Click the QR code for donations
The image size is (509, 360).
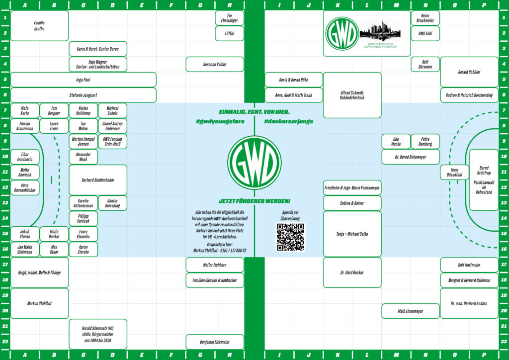(290, 237)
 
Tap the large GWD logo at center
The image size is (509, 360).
(254, 162)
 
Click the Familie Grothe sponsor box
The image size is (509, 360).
(39, 26)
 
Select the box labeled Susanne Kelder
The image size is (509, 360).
(215, 64)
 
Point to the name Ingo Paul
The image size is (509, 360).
(83, 80)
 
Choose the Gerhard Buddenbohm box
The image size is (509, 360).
(97, 180)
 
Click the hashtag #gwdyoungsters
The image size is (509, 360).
(220, 121)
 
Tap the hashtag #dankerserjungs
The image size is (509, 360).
(289, 121)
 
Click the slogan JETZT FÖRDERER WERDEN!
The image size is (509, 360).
(254, 201)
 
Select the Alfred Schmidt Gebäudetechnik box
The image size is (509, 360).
(352, 95)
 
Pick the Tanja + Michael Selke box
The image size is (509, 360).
(352, 234)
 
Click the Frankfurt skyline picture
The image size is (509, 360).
(379, 31)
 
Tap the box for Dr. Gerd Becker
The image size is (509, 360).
(352, 272)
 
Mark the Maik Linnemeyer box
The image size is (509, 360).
(411, 311)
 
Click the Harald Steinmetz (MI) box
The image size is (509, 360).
(98, 334)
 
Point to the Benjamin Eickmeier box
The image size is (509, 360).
(215, 342)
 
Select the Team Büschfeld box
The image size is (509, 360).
(454, 173)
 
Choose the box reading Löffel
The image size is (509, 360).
(230, 34)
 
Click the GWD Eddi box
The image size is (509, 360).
(425, 34)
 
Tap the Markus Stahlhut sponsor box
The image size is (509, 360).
(39, 303)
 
